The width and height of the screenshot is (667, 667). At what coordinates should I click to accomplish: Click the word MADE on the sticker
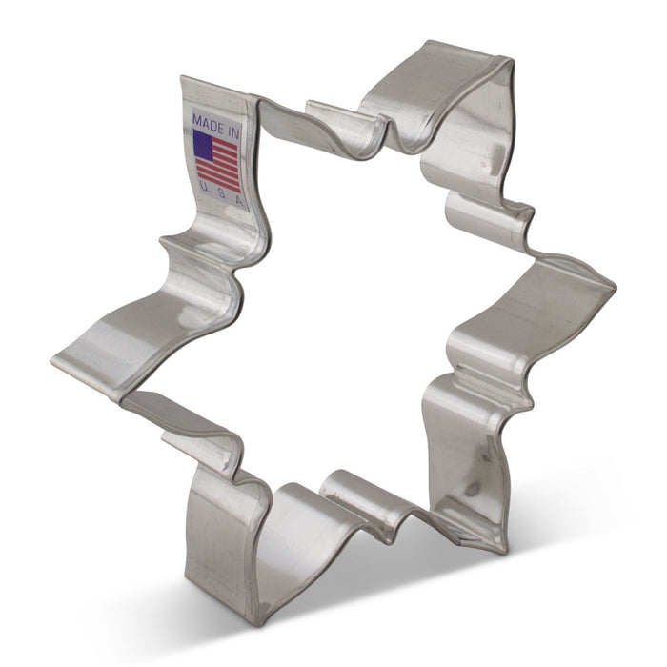pyautogui.click(x=208, y=124)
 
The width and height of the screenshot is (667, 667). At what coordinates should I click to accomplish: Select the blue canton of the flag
pyautogui.click(x=203, y=145)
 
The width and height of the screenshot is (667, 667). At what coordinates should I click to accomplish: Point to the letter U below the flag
pyautogui.click(x=202, y=188)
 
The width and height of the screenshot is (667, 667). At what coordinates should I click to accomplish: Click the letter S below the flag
pyautogui.click(x=221, y=194)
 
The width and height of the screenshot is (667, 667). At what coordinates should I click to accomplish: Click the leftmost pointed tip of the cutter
pyautogui.click(x=51, y=361)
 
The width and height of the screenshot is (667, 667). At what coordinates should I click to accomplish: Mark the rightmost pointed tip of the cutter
pyautogui.click(x=616, y=286)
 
